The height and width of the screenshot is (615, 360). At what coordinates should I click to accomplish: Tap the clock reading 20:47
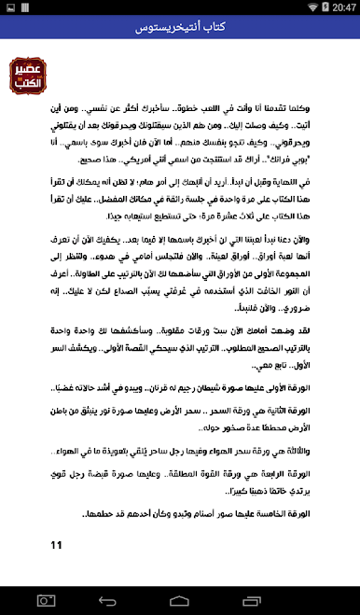pyautogui.click(x=342, y=7)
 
